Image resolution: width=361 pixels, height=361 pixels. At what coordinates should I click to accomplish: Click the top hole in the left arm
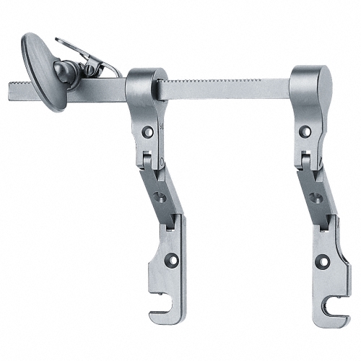coord(147,131)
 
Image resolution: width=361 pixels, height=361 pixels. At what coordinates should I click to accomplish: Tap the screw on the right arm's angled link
coord(315,196)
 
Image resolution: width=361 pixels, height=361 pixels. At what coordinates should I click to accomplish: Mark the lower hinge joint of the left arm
coord(170,220)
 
